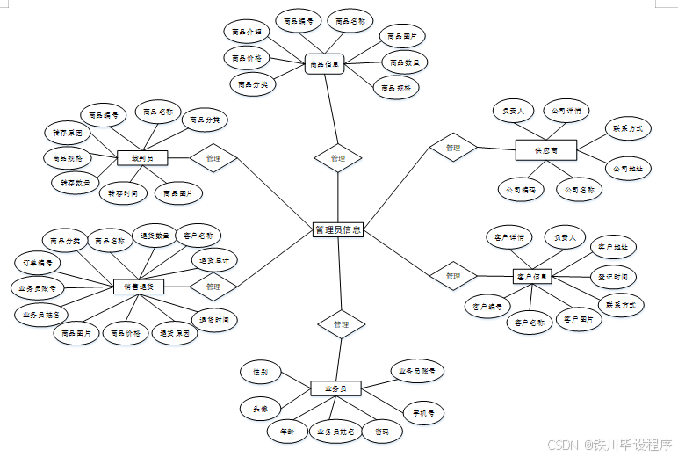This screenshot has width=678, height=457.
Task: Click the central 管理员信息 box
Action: (338, 229)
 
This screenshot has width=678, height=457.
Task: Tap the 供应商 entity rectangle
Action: (545, 150)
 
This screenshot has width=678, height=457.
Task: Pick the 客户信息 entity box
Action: (532, 277)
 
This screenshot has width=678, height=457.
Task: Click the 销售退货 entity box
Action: (139, 287)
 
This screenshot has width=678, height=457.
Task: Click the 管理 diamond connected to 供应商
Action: (452, 148)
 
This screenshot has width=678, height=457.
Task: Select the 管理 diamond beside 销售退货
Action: (213, 287)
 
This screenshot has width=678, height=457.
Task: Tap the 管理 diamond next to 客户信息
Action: (452, 276)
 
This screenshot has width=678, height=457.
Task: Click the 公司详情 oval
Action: (566, 112)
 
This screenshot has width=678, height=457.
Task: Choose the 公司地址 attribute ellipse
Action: (627, 168)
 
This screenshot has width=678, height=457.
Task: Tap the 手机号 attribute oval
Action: (423, 411)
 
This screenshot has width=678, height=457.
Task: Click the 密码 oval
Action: (382, 432)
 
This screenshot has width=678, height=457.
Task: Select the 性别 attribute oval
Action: (261, 373)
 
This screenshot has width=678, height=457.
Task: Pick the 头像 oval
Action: (261, 409)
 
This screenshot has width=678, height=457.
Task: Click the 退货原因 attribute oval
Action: (175, 334)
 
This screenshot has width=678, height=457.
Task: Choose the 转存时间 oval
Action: (122, 193)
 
